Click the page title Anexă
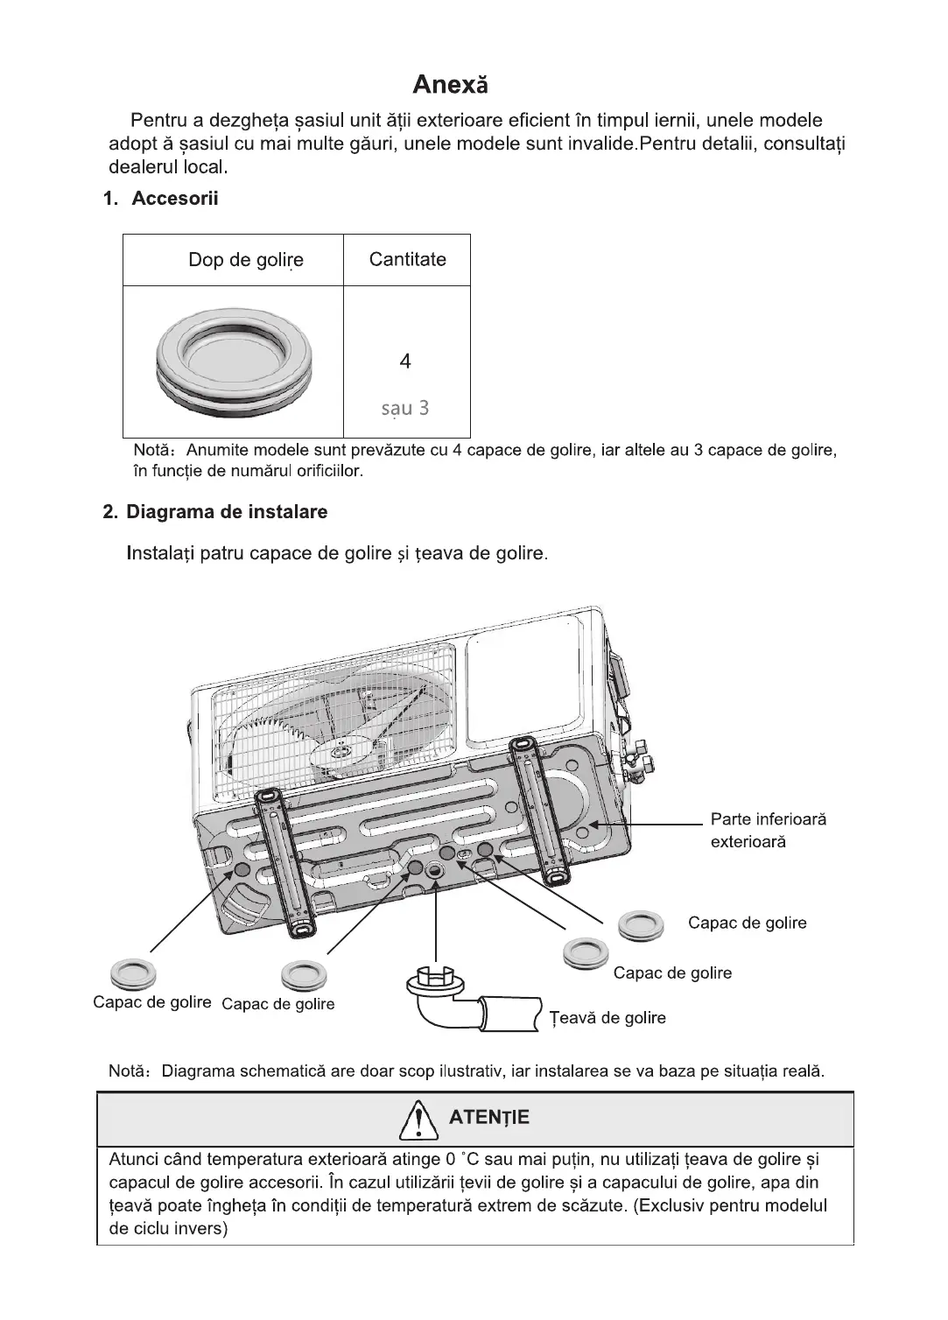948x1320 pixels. pos(450,85)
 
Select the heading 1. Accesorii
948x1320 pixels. pos(161,199)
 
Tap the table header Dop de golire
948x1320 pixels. pos(246,260)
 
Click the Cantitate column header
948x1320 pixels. pos(407,259)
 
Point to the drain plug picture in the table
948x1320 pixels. pos(233,362)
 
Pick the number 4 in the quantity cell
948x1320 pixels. pos(404,361)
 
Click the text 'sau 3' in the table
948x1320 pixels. pos(405,408)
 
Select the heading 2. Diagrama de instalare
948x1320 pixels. pos(215,512)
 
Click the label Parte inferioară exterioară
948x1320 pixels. pos(768,831)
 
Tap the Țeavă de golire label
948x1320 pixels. pos(607,1018)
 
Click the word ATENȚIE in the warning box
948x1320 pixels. pos(488,1118)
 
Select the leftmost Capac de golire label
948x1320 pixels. pos(152,1002)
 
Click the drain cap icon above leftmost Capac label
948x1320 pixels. pos(133,973)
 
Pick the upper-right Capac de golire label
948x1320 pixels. pos(747,923)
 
